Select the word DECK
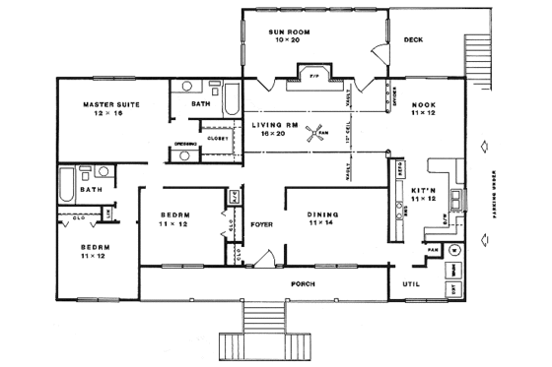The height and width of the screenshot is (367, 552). [414, 40]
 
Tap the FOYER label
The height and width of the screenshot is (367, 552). [260, 224]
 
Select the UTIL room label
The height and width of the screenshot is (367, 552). [411, 283]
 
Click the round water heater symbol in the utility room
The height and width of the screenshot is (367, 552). [454, 251]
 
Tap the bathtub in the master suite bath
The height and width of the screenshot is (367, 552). [232, 99]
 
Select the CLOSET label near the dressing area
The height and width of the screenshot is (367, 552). [217, 138]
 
